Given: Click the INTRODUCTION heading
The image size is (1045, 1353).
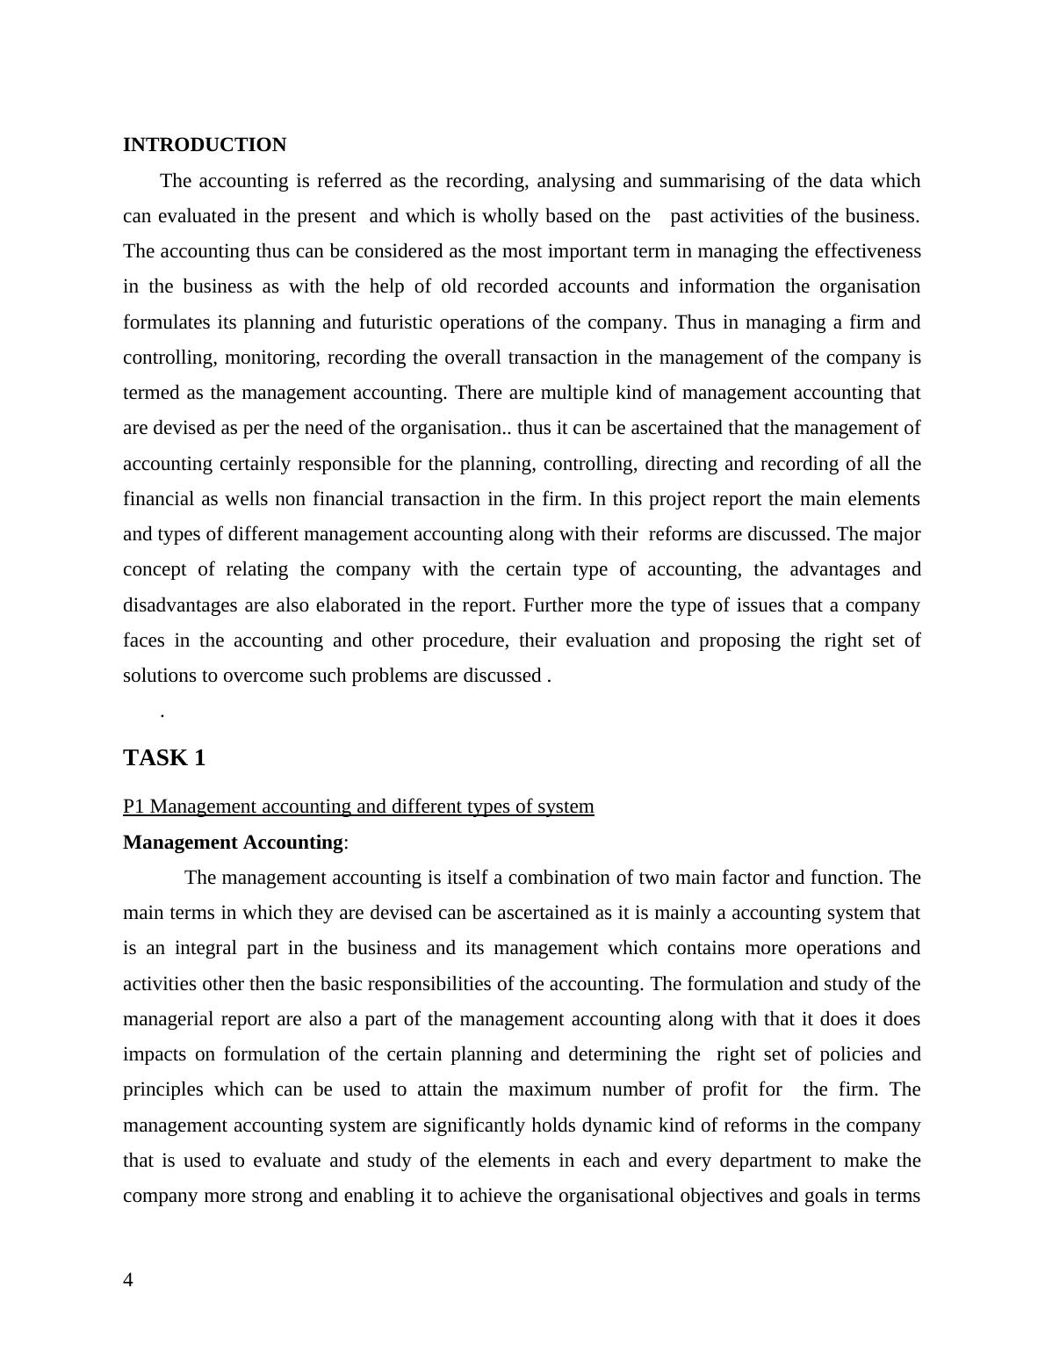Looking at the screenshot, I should coord(205,145).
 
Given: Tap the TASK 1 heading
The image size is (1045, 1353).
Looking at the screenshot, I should coord(164,758).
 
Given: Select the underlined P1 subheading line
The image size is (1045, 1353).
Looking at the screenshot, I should coord(358,807).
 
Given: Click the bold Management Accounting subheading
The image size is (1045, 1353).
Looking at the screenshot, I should coord(233,843).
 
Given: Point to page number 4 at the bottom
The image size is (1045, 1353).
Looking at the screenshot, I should coord(128,1280).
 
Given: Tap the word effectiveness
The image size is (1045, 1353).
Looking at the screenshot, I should coord(868,251).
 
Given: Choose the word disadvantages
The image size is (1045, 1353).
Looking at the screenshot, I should coord(179,605).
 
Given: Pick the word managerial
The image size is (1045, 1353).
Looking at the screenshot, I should coord(169,1019).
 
